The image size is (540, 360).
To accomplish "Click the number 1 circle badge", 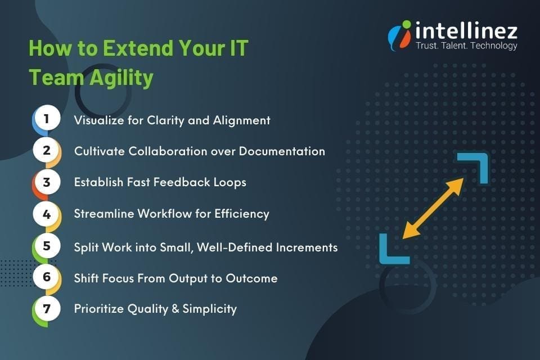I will tap(47, 120).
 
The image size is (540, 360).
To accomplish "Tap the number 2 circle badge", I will tap(47, 151).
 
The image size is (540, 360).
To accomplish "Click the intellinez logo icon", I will tap(399, 35).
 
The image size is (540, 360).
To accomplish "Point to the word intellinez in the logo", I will tap(466, 30).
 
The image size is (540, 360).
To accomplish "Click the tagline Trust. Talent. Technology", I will tap(466, 46).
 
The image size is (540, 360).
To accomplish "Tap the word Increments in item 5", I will tap(307, 246).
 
